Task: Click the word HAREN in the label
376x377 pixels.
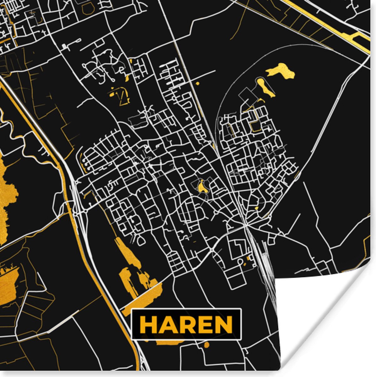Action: coord(186,325)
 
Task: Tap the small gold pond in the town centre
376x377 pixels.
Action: coord(201,186)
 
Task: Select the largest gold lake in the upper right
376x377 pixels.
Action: coord(281,71)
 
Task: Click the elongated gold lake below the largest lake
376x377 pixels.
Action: coord(265,87)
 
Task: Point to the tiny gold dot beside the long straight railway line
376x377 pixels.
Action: coord(197,84)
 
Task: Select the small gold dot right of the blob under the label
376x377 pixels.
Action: coord(206,345)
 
